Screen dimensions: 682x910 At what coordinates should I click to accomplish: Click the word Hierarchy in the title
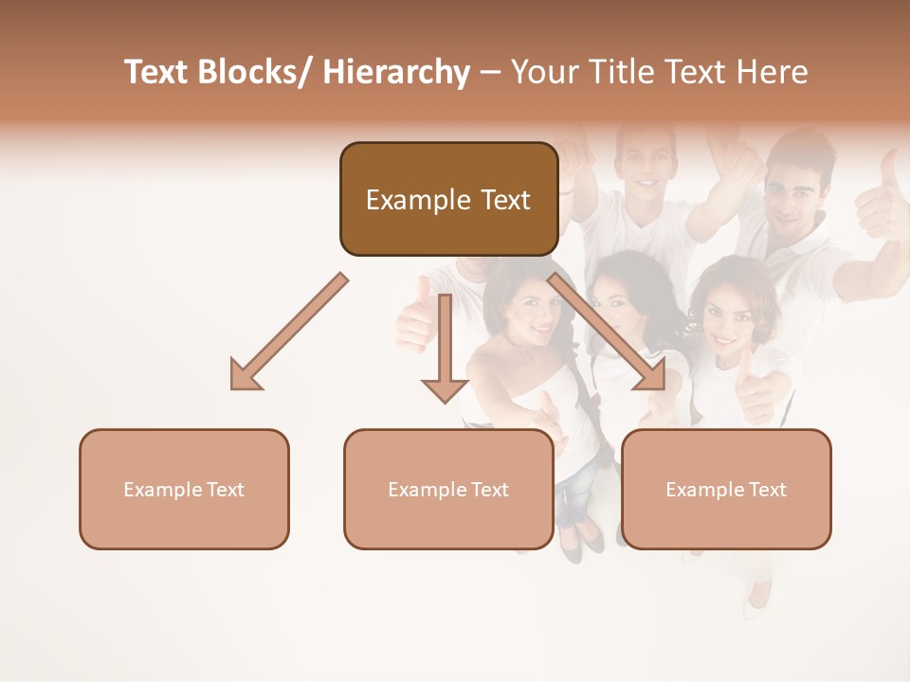point(396,72)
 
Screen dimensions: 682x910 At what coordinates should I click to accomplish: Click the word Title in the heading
point(626,72)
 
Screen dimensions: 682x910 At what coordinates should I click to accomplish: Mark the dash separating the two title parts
point(489,73)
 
